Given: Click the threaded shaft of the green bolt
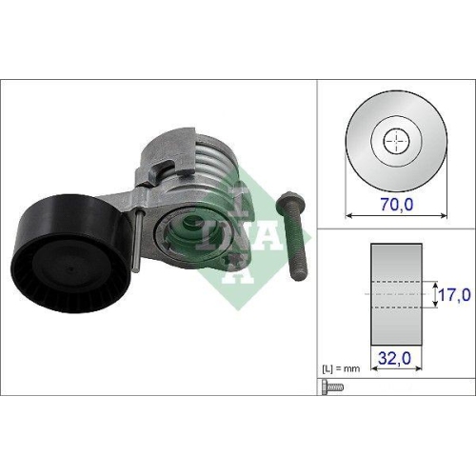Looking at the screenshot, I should [x=297, y=248].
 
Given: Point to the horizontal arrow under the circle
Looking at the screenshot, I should [x=396, y=214].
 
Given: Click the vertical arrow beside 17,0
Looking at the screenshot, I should [x=437, y=296].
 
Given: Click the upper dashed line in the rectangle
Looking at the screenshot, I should [x=396, y=282].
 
